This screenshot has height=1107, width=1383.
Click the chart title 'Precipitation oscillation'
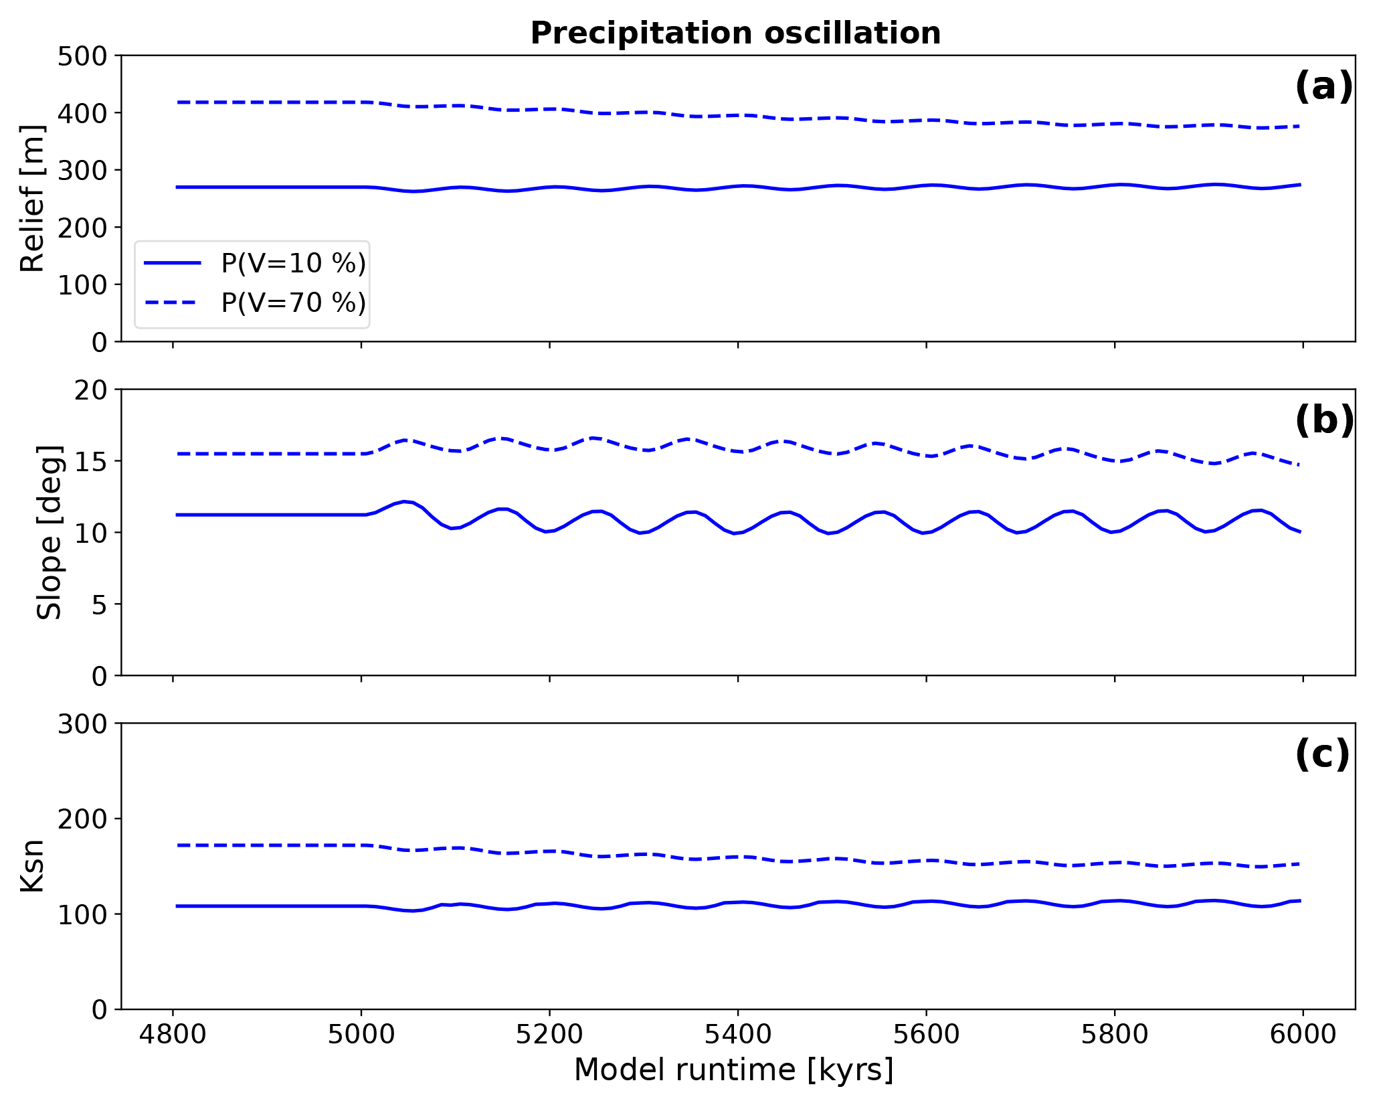tap(735, 33)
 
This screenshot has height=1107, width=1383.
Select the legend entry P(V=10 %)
tap(293, 264)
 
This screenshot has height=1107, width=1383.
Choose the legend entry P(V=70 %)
tap(293, 303)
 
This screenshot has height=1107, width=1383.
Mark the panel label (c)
tap(1322, 754)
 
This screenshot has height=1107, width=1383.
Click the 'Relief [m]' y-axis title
tap(31, 198)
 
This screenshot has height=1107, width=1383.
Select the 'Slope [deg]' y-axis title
tap(49, 532)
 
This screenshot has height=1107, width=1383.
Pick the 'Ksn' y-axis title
tap(31, 865)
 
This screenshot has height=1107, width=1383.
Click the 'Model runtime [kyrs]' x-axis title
tap(734, 1070)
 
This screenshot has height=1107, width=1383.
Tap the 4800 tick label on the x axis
tap(173, 1035)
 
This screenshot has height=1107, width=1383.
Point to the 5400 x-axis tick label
tap(737, 1035)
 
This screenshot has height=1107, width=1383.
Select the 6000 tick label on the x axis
tap(1302, 1035)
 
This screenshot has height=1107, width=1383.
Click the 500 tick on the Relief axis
tap(82, 56)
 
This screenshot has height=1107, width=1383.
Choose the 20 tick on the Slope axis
tap(91, 390)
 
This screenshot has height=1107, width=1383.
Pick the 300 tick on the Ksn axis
tap(82, 724)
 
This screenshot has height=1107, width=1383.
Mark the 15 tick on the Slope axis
tap(91, 462)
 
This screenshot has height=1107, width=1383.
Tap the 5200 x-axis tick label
tap(549, 1035)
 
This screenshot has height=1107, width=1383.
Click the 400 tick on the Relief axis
tap(82, 113)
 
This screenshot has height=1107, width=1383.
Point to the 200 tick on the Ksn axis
tap(82, 819)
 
